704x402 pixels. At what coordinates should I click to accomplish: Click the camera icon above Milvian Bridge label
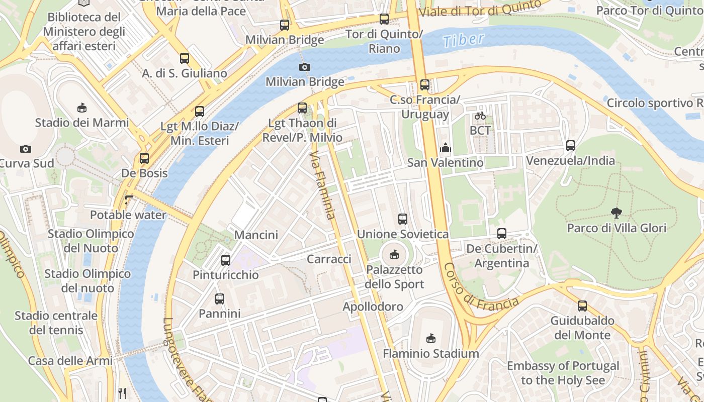click(x=304, y=67)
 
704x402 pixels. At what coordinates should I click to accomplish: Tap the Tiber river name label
click(x=464, y=40)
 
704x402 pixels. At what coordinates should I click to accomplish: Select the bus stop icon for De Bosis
click(x=144, y=158)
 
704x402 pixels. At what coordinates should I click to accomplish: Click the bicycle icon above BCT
click(x=480, y=116)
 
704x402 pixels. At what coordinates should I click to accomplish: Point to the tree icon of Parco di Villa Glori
click(x=616, y=213)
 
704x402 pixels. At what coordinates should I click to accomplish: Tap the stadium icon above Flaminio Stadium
click(x=430, y=338)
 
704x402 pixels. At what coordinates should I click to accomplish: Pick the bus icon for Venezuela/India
click(x=570, y=146)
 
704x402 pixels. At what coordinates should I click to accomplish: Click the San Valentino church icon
click(x=445, y=148)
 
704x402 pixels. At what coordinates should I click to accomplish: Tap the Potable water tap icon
click(x=129, y=199)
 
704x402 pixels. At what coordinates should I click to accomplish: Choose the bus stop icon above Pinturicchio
click(x=226, y=260)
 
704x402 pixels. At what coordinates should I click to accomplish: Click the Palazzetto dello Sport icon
click(x=394, y=255)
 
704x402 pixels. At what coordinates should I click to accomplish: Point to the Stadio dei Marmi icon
click(x=82, y=108)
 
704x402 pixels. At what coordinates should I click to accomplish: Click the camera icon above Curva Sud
click(x=26, y=149)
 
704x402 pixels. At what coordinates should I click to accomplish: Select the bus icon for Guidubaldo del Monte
click(x=582, y=306)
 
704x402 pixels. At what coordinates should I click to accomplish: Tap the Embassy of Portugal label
click(x=563, y=373)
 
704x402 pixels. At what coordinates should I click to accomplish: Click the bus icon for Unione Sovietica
click(x=402, y=219)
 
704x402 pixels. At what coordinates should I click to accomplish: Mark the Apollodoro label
click(x=373, y=307)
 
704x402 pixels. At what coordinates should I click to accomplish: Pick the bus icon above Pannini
click(x=220, y=299)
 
